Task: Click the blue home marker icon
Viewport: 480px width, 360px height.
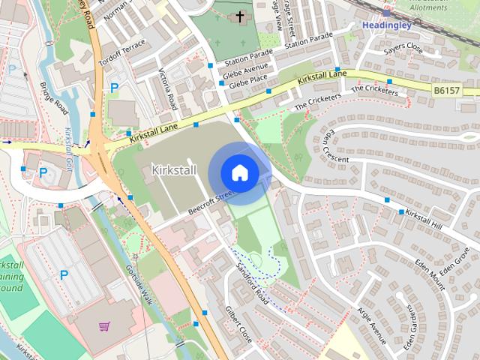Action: [x=239, y=172]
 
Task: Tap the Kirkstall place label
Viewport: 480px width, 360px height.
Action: [x=173, y=170]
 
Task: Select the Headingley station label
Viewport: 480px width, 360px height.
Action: [x=388, y=24]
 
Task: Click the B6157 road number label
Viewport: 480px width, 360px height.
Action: [x=447, y=90]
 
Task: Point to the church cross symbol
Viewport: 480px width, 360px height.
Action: [x=240, y=16]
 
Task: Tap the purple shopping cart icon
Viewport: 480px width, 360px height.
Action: [x=104, y=326]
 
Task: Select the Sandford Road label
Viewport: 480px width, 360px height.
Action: [x=252, y=280]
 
